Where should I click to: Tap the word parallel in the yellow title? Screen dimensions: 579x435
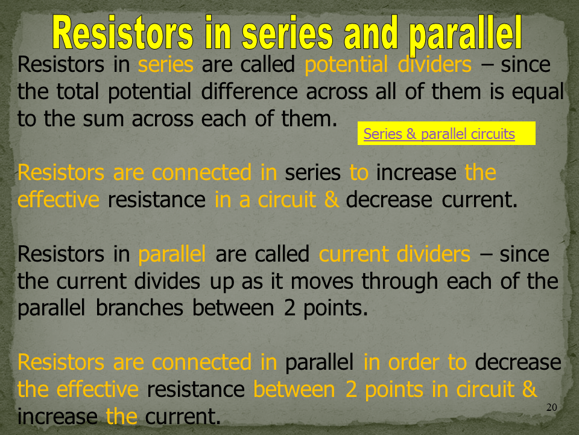click(465, 36)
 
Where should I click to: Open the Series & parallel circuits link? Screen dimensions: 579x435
click(439, 134)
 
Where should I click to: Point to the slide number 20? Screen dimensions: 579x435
click(551, 407)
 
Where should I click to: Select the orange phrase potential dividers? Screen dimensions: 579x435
click(388, 65)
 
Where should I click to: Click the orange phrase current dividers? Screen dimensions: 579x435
click(394, 254)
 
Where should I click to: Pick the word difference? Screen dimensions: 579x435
click(249, 91)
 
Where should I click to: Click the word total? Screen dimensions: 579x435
click(78, 91)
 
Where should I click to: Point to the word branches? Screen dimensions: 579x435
click(139, 308)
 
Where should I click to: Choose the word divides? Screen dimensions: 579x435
click(167, 281)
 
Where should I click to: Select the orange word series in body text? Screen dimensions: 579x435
click(165, 65)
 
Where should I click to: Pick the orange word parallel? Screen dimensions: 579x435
click(172, 255)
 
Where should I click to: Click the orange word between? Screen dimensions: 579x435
click(294, 390)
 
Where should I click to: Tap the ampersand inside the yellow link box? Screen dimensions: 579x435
click(411, 134)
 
